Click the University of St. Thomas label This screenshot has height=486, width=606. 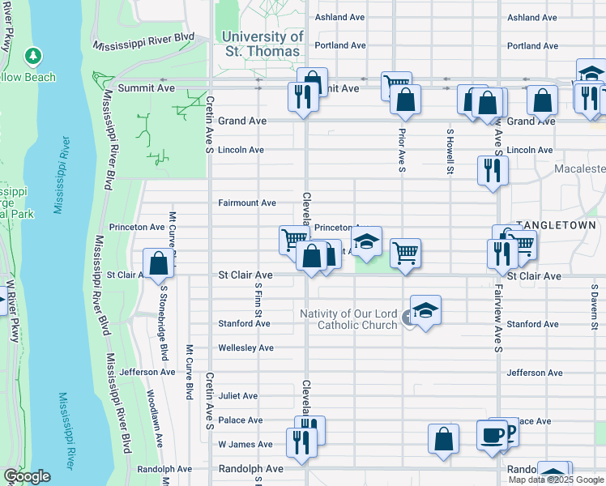click(262, 45)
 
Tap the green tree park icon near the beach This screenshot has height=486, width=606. click(32, 56)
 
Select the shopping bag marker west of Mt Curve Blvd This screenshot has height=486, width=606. click(158, 263)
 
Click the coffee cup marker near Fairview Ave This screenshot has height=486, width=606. click(492, 436)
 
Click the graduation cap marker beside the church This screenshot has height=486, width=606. click(425, 311)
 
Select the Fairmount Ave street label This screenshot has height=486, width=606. click(247, 202)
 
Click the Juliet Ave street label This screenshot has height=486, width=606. click(237, 395)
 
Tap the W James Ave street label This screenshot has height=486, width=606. click(245, 444)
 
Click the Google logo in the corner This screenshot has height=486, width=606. click(27, 476)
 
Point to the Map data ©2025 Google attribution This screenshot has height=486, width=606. click(555, 480)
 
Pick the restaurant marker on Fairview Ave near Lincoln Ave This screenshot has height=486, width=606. click(493, 170)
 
